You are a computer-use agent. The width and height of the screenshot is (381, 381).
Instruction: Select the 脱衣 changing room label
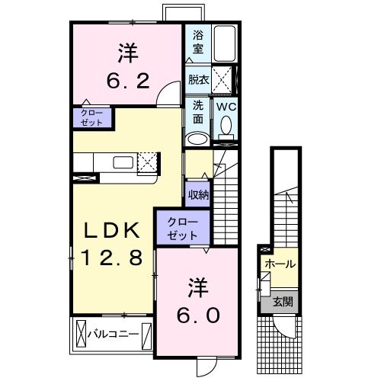pyautogui.click(x=197, y=78)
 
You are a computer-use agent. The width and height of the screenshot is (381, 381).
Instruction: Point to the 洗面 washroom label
pyautogui.click(x=197, y=112)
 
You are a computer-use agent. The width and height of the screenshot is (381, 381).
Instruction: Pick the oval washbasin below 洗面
pyautogui.click(x=197, y=139)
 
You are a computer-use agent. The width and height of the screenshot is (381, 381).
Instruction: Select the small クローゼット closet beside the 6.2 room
pyautogui.click(x=91, y=117)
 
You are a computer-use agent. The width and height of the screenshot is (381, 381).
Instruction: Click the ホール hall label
pyautogui.click(x=280, y=264)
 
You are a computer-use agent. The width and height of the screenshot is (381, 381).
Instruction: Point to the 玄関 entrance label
pyautogui.click(x=283, y=303)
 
